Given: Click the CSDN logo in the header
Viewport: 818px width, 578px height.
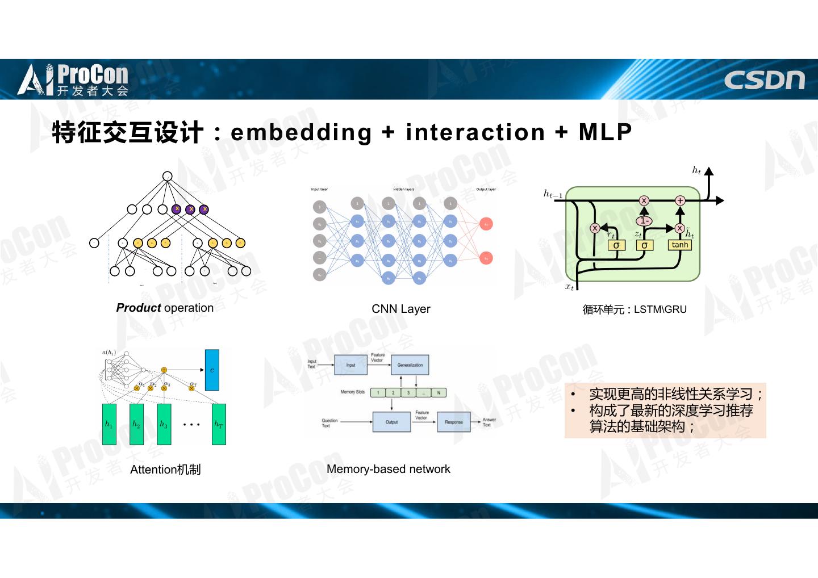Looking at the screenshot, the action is (x=764, y=81).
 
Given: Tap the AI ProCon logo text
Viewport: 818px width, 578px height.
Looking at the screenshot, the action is (x=74, y=80).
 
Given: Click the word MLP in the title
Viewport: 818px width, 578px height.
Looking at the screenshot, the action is (x=605, y=132).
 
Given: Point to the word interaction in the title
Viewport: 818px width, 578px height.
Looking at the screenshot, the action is (x=475, y=132).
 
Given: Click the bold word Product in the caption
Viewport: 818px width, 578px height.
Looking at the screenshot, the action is (x=139, y=308).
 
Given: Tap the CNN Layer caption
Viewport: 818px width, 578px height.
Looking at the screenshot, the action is (x=400, y=309).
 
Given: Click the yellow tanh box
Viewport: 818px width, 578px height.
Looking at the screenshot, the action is (x=679, y=245).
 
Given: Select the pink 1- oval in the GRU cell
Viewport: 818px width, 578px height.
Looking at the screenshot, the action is (x=644, y=221).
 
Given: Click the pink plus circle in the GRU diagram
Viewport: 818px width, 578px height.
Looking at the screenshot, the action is (x=680, y=200).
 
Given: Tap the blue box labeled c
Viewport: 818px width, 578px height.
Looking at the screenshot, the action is (x=212, y=370).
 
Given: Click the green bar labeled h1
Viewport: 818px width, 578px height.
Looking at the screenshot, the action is (x=109, y=424).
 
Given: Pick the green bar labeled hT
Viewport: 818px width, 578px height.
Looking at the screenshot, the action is (x=219, y=424).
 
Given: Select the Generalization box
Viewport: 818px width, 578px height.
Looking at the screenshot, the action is (x=410, y=365).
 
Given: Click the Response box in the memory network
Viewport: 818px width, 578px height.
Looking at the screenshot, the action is (x=453, y=422).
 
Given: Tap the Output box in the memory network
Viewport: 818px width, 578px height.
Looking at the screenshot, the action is (x=391, y=422).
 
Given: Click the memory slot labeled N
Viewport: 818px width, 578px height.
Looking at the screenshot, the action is (x=439, y=392).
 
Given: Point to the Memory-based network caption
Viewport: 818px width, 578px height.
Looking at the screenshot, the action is (x=388, y=469).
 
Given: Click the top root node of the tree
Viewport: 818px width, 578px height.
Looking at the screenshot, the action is (x=167, y=176).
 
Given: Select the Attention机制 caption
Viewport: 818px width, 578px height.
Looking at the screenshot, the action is (x=165, y=470).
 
